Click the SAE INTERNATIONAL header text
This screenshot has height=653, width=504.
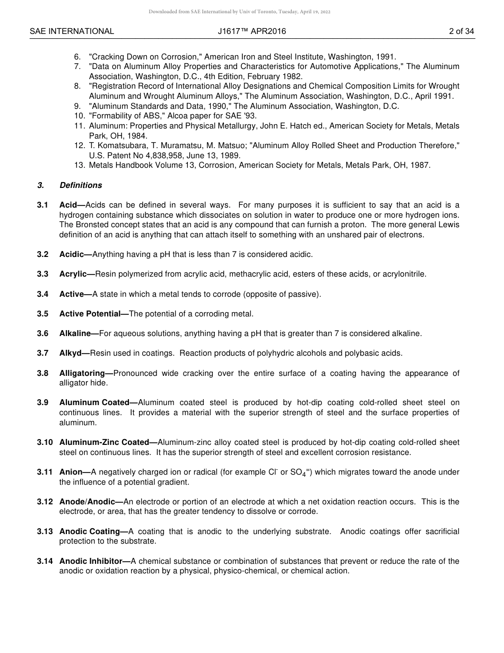72,31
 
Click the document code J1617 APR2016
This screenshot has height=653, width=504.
251,31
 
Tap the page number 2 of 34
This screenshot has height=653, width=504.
461,31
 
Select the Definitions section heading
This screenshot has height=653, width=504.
81,185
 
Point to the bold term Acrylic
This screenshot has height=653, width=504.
76,274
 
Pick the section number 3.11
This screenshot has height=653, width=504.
45,472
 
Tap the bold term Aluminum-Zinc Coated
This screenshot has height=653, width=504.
104,442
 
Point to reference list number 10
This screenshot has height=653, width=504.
80,116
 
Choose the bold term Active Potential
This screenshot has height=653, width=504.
93,314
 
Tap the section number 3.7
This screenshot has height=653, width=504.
42,353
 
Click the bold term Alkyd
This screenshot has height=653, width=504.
74,353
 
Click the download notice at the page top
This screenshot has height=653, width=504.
239,12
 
